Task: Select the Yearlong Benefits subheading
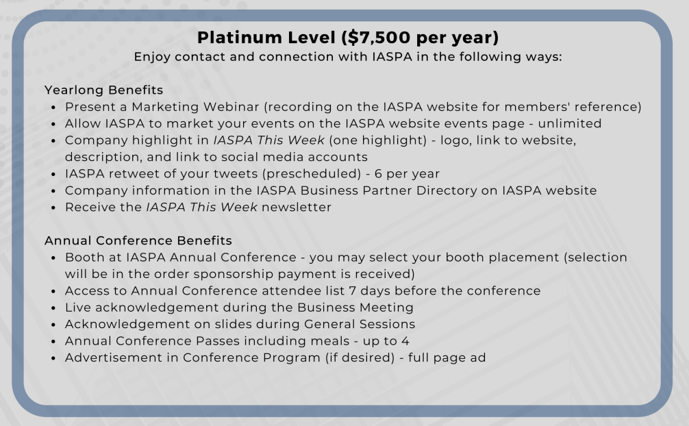[x=103, y=90]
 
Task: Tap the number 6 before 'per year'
[x=378, y=174]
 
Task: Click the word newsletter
[x=297, y=207]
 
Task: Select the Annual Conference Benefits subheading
[x=138, y=240]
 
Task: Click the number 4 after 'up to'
[x=405, y=340]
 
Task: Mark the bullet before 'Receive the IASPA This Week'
[x=53, y=208]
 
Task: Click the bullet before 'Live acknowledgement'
[x=53, y=308]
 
